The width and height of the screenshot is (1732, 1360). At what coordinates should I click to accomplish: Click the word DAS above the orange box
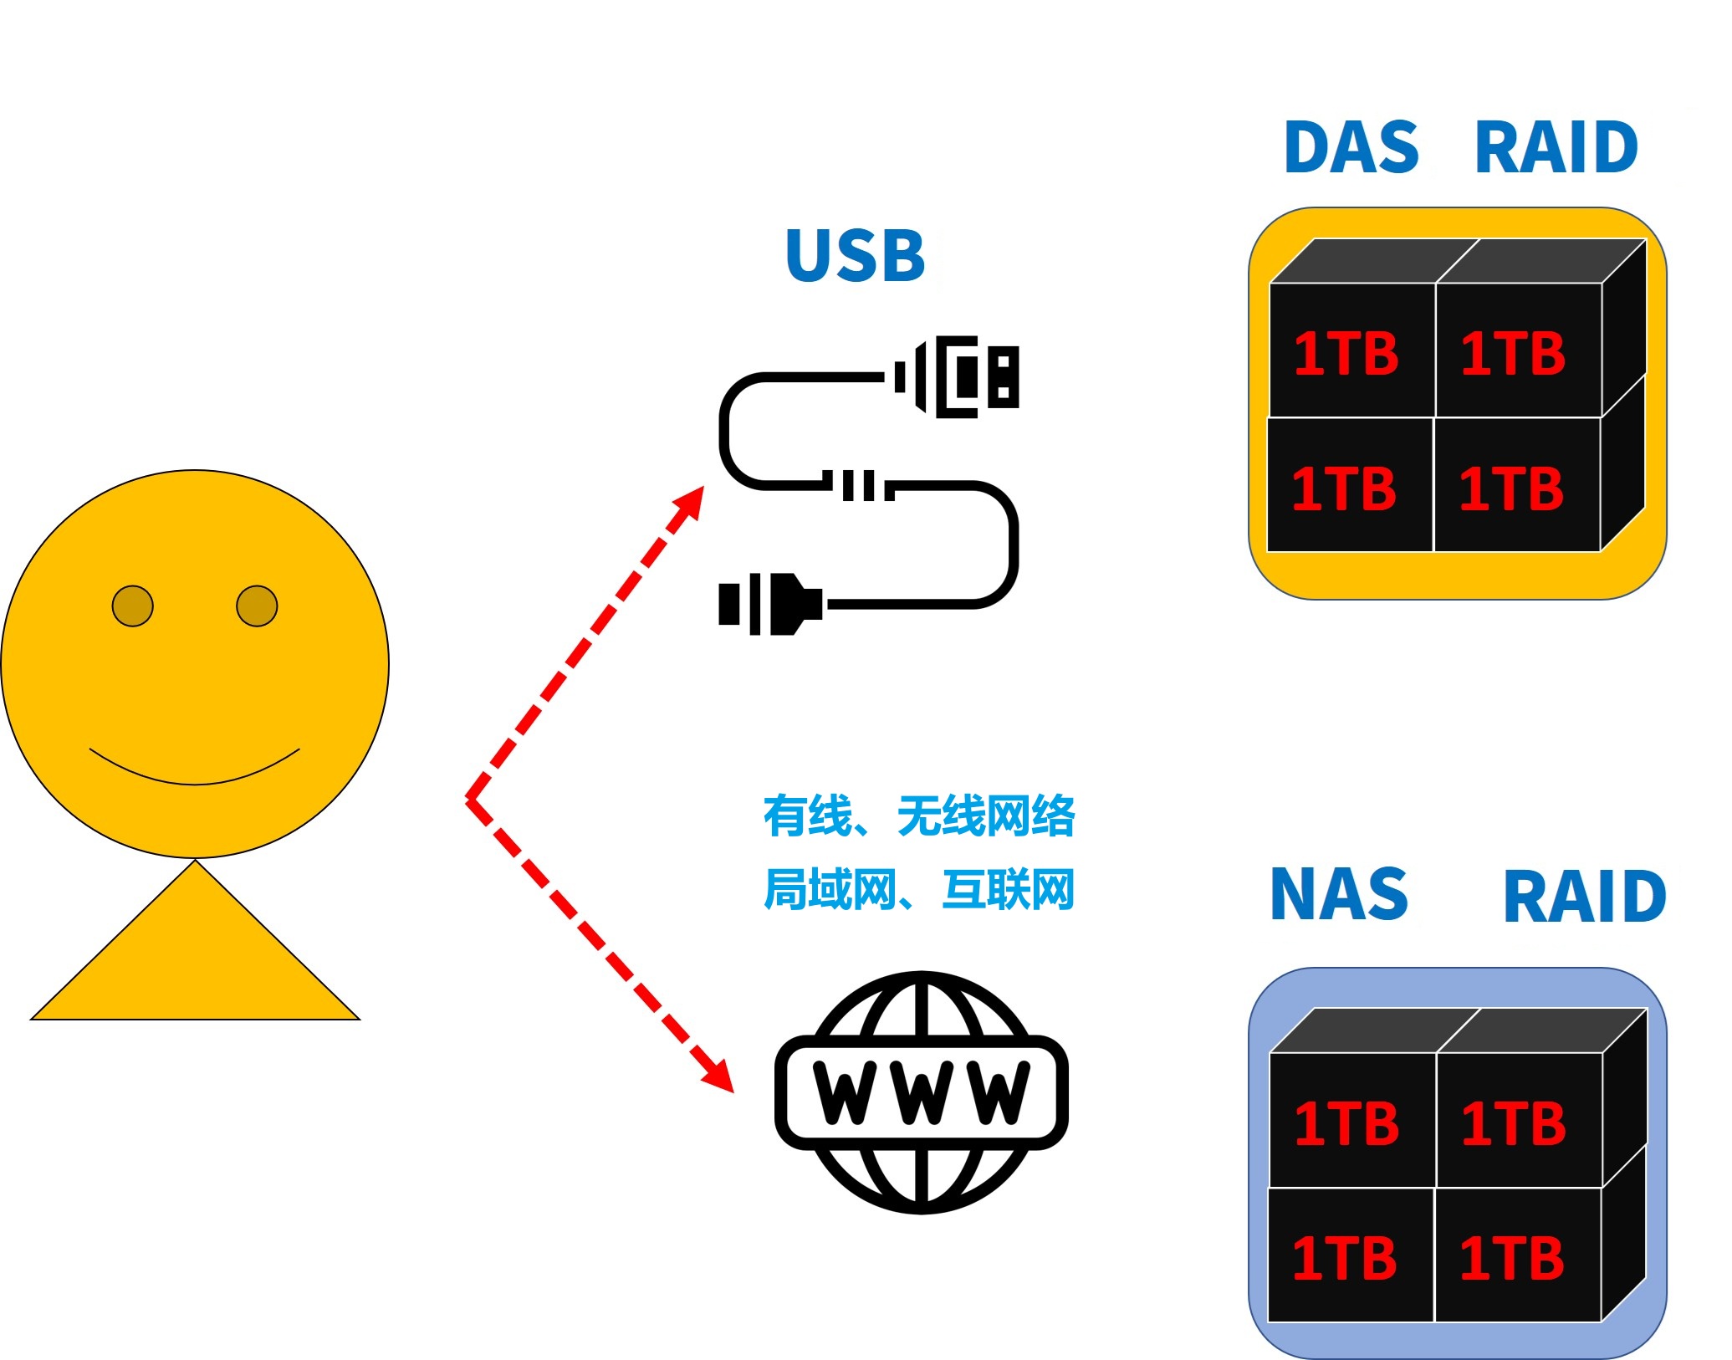[x=1351, y=147]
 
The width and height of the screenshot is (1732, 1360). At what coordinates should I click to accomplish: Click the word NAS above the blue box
[x=1339, y=893]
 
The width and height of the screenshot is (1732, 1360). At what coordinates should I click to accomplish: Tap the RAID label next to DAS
[x=1556, y=147]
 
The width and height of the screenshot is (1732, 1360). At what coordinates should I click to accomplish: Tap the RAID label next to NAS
[x=1585, y=897]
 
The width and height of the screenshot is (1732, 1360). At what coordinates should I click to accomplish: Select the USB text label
[x=856, y=255]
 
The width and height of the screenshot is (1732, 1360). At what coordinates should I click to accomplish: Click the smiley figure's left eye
[x=133, y=606]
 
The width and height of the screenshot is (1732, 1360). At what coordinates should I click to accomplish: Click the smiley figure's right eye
[x=257, y=606]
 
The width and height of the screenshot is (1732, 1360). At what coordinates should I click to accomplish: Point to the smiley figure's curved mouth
[x=194, y=783]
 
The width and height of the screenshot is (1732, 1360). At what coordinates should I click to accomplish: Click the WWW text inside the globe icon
[x=921, y=1092]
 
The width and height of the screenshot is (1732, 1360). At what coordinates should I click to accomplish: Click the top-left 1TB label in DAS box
[x=1346, y=353]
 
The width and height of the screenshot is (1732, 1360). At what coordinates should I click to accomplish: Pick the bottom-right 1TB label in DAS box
[x=1511, y=488]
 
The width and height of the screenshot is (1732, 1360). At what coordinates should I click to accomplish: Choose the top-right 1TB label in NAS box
[x=1514, y=1122]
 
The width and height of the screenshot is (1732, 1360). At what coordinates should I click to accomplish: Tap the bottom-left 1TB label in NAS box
[x=1345, y=1258]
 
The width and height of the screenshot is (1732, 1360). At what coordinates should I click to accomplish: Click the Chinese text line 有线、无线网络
[x=919, y=815]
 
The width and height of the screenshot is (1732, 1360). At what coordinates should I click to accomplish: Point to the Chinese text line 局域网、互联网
[x=919, y=888]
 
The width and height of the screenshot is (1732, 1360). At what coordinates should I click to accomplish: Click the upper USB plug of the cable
[x=957, y=377]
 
